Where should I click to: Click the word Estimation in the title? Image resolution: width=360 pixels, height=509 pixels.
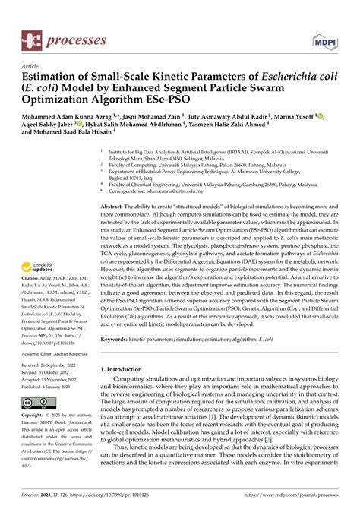tap(52, 76)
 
